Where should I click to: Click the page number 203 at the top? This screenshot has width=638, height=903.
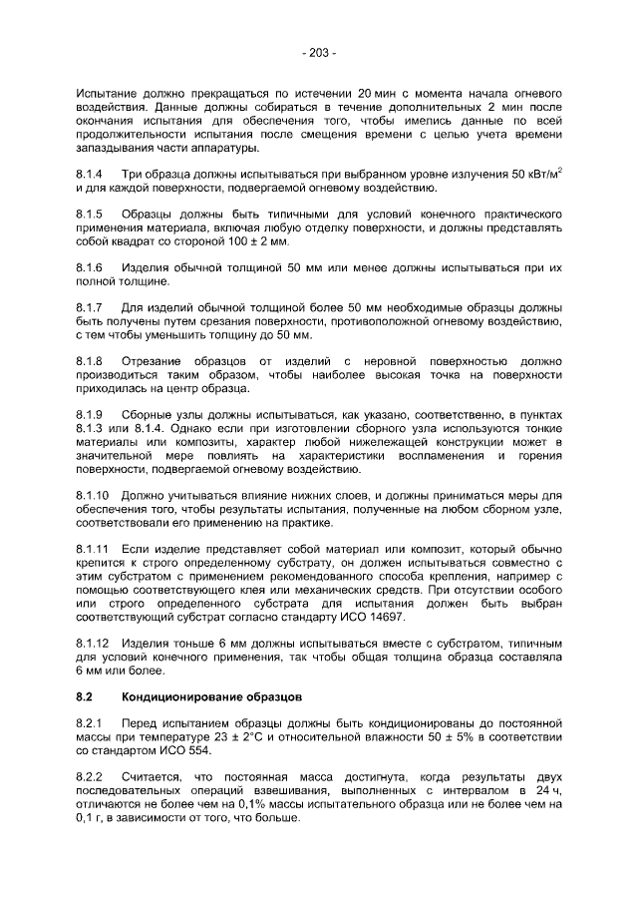319,52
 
